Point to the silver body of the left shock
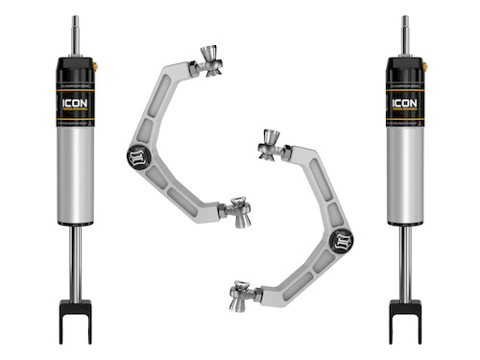coord(75,178)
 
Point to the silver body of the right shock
coord(404,178)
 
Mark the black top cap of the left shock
coord(75,67)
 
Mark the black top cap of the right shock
coord(404,67)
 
